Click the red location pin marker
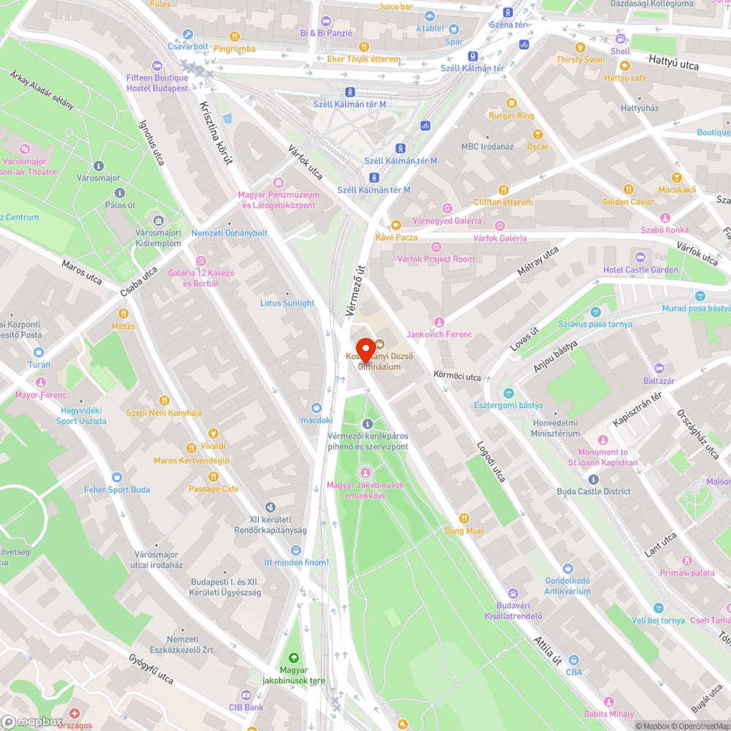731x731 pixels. (x=365, y=349)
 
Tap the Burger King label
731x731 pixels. (x=511, y=115)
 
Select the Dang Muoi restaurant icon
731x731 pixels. (x=464, y=518)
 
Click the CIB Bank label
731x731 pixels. (x=246, y=708)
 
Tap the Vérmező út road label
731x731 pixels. (x=356, y=290)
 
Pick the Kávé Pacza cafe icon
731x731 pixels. (x=395, y=225)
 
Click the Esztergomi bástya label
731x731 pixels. (x=508, y=405)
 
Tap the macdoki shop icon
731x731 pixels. (x=317, y=408)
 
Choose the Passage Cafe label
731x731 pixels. (x=213, y=489)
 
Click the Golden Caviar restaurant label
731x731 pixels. (x=628, y=202)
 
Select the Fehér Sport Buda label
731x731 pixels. (x=117, y=490)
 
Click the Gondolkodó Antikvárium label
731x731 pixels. (x=567, y=586)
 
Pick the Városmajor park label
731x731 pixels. (x=99, y=177)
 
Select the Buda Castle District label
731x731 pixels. (x=593, y=491)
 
